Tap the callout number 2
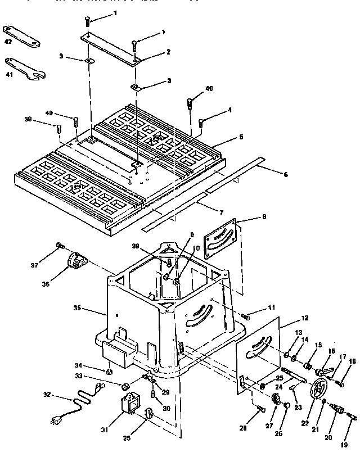point(168,52)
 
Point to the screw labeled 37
point(59,246)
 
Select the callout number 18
point(353,361)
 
